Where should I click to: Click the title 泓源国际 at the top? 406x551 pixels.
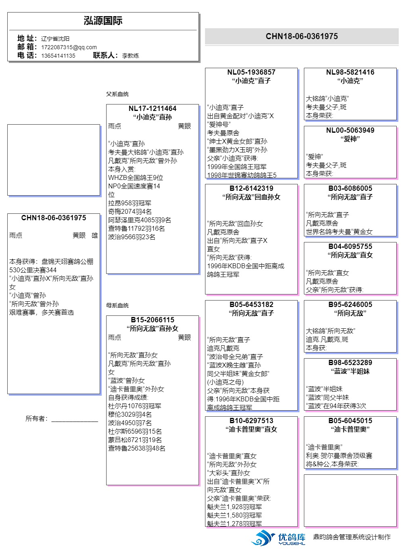(x=103, y=21)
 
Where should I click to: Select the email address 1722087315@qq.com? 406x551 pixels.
(x=69, y=47)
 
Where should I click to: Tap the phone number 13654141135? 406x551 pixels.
(x=58, y=56)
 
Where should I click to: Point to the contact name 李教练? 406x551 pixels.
(x=130, y=56)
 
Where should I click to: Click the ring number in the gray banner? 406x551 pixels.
(x=301, y=36)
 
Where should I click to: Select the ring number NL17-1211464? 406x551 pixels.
(x=152, y=109)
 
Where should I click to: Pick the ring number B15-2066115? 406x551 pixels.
(x=152, y=320)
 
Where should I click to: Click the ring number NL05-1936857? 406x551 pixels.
(x=251, y=72)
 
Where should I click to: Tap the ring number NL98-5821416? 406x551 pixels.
(x=350, y=72)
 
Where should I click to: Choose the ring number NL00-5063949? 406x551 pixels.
(x=350, y=130)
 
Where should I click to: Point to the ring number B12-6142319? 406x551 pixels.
(x=251, y=188)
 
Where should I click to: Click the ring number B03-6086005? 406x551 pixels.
(x=350, y=188)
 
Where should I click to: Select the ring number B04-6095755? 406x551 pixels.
(x=350, y=246)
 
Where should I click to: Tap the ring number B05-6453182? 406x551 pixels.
(x=251, y=305)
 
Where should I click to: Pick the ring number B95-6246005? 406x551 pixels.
(x=350, y=305)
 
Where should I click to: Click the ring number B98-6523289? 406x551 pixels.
(x=350, y=363)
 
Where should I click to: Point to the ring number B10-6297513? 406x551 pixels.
(x=251, y=421)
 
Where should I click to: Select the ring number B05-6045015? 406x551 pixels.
(x=350, y=421)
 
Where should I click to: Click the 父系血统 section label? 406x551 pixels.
(x=117, y=94)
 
